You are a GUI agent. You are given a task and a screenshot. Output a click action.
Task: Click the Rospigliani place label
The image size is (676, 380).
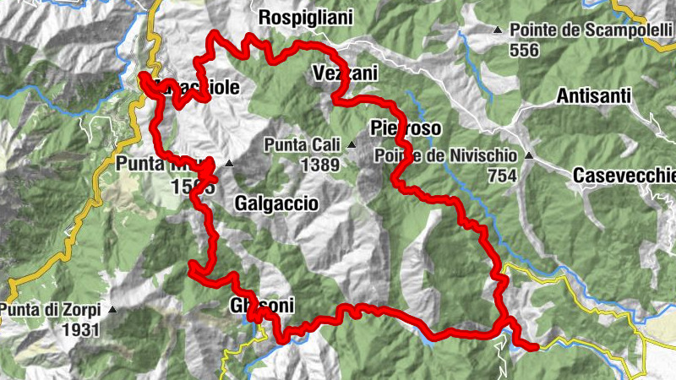click(305, 18)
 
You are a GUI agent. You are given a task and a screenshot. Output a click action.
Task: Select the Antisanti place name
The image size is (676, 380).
click(594, 97)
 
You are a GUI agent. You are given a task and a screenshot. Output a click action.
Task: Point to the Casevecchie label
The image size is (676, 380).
click(624, 176)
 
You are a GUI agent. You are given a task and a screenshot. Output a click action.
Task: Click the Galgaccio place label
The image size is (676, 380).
click(276, 204)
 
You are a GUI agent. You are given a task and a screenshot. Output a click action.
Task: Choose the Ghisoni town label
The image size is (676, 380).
click(261, 307)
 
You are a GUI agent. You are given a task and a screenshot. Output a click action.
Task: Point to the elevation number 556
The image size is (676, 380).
click(524, 49)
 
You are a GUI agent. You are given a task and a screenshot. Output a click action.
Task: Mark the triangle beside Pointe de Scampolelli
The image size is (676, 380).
click(498, 31)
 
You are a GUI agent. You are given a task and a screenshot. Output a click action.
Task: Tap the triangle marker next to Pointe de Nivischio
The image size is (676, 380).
click(529, 155)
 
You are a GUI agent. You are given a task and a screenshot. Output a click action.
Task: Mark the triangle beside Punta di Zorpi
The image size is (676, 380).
click(112, 310)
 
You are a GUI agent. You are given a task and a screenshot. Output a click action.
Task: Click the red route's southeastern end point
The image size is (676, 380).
click(534, 345)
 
